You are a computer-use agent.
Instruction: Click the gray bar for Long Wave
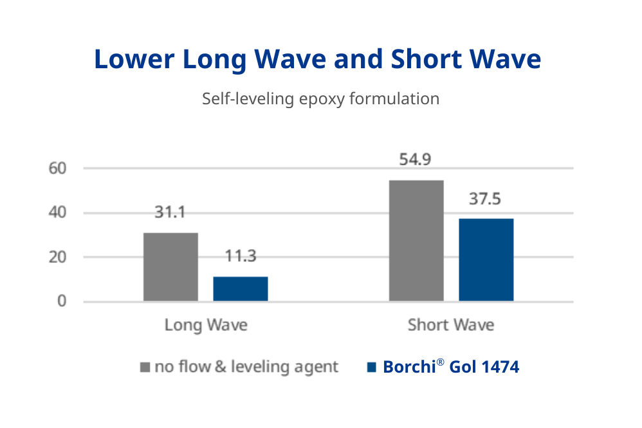coord(170,267)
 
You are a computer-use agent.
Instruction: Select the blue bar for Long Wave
coord(241,289)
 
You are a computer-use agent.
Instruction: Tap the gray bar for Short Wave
coord(416,241)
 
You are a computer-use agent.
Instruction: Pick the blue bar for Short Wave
coord(486,260)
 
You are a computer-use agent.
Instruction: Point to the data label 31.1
coord(170,212)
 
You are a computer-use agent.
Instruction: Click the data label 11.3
coord(241,256)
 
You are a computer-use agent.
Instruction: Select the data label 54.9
coord(416,160)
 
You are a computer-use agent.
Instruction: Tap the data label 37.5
coord(486,198)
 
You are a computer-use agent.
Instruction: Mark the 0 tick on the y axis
coord(62,301)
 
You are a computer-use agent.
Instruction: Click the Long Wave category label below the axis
coord(206,325)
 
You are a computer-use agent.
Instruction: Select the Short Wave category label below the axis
coord(451,325)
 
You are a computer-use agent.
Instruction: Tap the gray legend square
coord(145,368)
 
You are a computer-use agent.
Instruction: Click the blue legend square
coord(371,368)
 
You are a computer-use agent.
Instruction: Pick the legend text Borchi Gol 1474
coord(450,367)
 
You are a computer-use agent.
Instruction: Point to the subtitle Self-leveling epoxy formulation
coord(320,99)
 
